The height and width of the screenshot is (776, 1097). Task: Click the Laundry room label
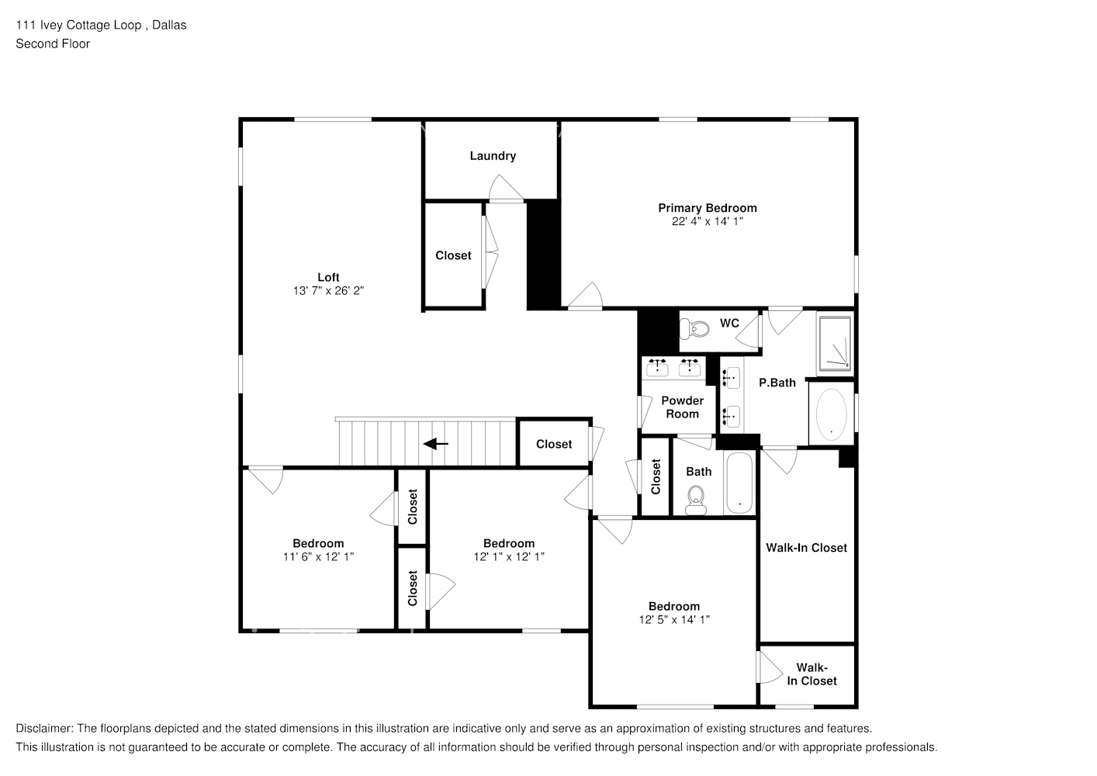(493, 156)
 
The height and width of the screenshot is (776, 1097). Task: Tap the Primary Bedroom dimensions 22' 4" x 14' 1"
(708, 221)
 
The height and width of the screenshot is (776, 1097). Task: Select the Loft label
(328, 277)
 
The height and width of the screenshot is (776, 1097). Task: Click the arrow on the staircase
(436, 444)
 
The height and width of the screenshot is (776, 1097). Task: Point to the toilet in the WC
(696, 329)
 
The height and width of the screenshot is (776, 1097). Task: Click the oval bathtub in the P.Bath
(831, 414)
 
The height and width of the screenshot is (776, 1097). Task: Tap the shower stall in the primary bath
(834, 342)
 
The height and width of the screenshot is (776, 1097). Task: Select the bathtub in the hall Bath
(739, 483)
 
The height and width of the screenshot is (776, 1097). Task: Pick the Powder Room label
(682, 407)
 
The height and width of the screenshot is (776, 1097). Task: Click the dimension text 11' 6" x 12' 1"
(318, 556)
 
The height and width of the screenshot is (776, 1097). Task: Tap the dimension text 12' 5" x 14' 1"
(674, 619)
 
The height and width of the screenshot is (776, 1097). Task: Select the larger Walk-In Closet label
(806, 548)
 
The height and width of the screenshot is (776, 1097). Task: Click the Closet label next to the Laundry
(453, 255)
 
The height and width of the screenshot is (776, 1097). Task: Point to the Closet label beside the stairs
(554, 444)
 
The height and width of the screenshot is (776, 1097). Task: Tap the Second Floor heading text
(53, 43)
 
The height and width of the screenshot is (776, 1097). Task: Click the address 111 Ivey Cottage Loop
(78, 25)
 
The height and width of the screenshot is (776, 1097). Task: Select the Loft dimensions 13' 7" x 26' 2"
(328, 290)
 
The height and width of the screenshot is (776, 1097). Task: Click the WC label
(729, 323)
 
